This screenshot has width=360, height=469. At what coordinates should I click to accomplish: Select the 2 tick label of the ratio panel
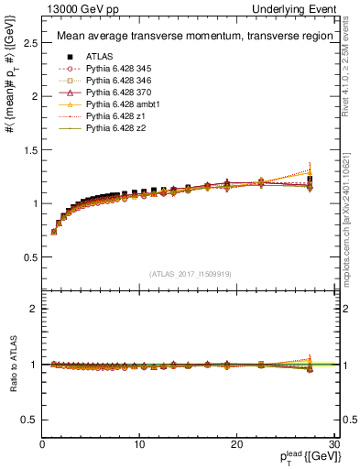pyautogui.click(x=34, y=309)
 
